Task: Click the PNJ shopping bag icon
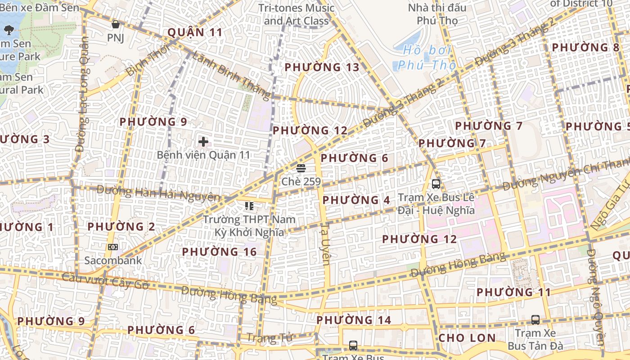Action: tap(116, 24)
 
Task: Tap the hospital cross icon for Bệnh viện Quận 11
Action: tap(203, 142)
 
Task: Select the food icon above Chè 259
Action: tap(301, 168)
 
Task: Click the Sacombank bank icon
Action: tap(113, 247)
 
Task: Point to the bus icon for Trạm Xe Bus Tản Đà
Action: tap(535, 320)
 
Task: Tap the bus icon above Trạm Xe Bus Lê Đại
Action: tap(436, 184)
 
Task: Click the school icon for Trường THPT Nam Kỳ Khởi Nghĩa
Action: tap(249, 206)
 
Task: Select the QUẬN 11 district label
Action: tap(195, 32)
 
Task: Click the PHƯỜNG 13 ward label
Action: tap(322, 67)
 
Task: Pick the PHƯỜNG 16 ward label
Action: tap(219, 252)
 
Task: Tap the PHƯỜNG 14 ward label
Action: tap(354, 320)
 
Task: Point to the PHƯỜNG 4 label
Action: tap(356, 200)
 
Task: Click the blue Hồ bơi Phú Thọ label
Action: tap(423, 58)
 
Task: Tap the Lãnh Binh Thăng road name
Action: tap(231, 75)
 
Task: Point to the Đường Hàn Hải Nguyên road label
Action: tap(158, 193)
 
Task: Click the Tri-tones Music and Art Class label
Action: tap(296, 14)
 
